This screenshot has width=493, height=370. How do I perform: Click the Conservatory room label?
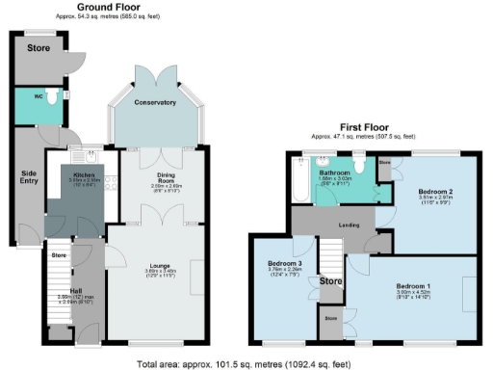tap(156, 102)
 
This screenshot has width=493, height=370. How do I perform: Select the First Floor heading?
tap(364, 127)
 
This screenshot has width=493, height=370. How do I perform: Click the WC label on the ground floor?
tap(39, 96)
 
